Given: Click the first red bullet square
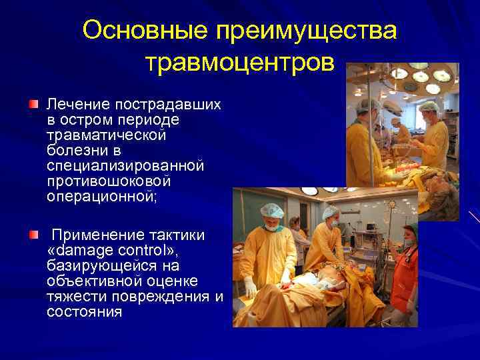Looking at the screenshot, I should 33,105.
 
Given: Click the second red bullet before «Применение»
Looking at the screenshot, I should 33,235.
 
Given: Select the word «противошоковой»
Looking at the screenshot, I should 109,181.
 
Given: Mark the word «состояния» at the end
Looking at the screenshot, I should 85,311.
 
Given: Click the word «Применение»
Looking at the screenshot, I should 96,235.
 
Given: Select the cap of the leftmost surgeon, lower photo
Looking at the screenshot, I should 271,211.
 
